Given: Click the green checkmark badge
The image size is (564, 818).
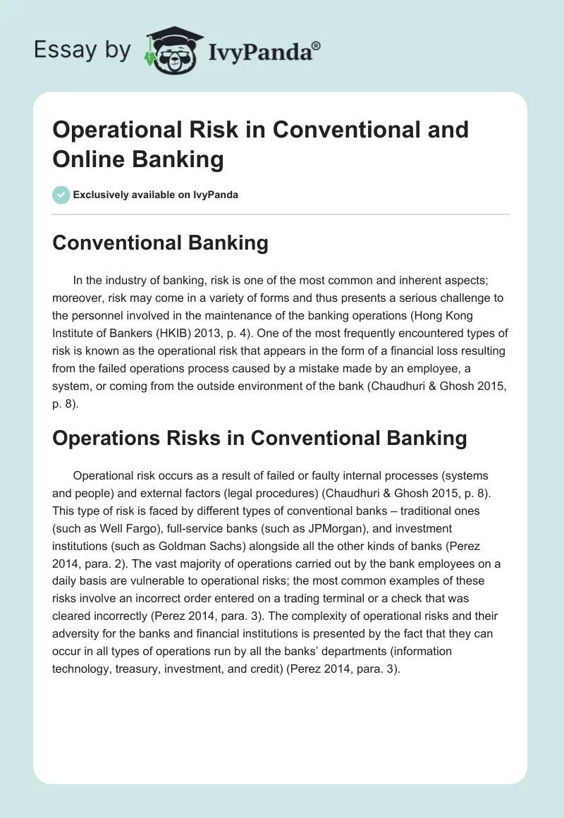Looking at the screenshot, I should (61, 195).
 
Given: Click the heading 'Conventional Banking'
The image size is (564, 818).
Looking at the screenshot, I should (160, 243).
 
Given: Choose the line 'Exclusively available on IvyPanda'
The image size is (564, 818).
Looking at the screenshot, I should (156, 195).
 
